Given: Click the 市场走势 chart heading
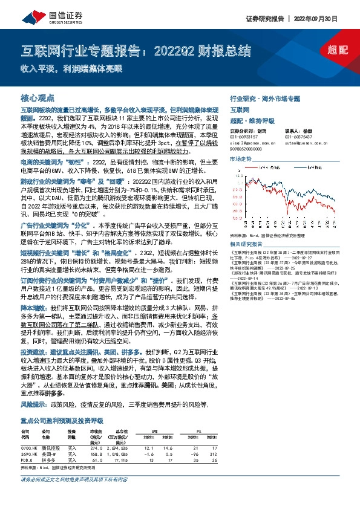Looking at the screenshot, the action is (x=240, y=158).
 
